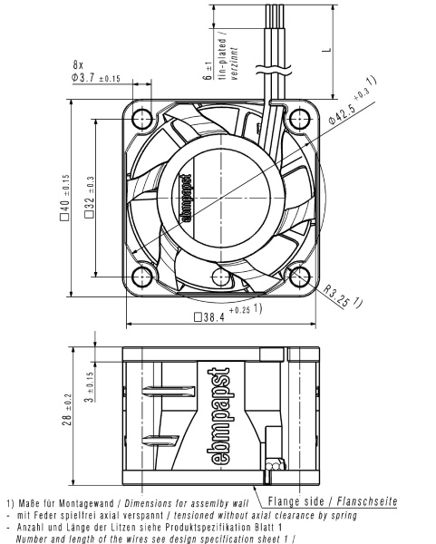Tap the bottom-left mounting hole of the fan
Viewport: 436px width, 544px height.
pos(141,277)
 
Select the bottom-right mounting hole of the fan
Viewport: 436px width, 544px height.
pos(299,277)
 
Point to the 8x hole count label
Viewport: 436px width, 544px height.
pos(79,64)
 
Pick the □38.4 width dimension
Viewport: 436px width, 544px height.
pos(222,317)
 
